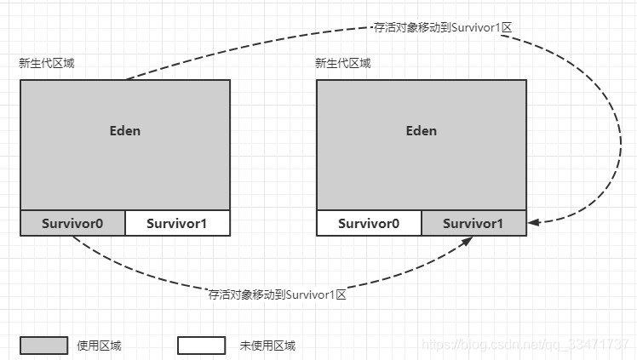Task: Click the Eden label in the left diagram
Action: (125, 131)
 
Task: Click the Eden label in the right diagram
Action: (422, 131)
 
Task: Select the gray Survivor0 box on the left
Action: (72, 223)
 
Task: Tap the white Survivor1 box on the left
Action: (177, 223)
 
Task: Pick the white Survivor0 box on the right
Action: (369, 223)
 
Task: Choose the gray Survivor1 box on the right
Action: (473, 223)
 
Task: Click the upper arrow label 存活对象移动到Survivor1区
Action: (443, 27)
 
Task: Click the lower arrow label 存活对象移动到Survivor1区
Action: (278, 294)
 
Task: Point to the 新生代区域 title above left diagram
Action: (47, 64)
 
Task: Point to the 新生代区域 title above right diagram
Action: (342, 64)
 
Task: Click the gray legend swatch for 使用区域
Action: (43, 346)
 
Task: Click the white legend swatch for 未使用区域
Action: (201, 346)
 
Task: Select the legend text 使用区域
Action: (99, 346)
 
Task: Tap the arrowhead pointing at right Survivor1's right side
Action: (532, 223)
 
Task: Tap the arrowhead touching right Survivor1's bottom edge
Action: (468, 241)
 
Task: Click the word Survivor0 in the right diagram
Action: (369, 224)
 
